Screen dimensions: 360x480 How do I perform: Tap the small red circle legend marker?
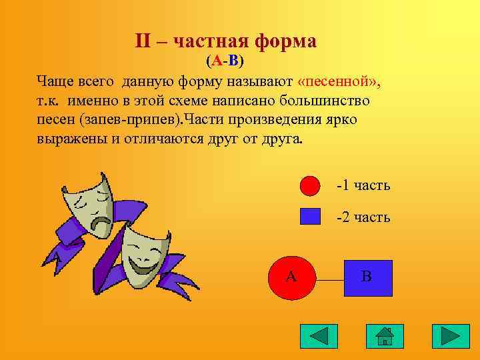[x=310, y=185]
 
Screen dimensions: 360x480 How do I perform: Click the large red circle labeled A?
[x=291, y=278]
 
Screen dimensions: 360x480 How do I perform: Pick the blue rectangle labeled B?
[x=368, y=278]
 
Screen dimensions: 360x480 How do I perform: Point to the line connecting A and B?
[x=329, y=281]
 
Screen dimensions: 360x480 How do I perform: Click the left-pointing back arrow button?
[x=319, y=336]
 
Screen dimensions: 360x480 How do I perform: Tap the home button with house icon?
[x=385, y=336]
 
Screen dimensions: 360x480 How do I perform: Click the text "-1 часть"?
[x=363, y=185]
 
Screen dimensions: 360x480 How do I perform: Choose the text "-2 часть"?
[x=363, y=217]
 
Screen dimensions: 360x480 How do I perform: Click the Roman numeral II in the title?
[x=143, y=41]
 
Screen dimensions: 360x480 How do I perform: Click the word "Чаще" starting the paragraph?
[x=55, y=81]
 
